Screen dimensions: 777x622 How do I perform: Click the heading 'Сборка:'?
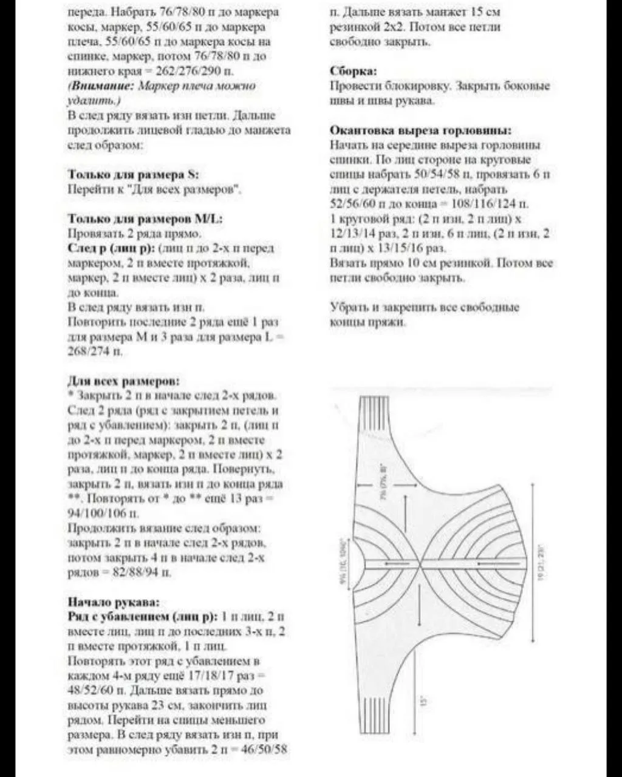point(354,71)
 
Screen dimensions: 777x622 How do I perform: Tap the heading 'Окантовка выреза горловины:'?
point(420,131)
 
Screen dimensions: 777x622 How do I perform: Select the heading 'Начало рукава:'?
point(114,602)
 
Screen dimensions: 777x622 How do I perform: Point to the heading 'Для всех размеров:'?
point(123,381)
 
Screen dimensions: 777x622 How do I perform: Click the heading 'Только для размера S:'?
point(133,174)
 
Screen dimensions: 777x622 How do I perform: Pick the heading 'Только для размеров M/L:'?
point(145,219)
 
